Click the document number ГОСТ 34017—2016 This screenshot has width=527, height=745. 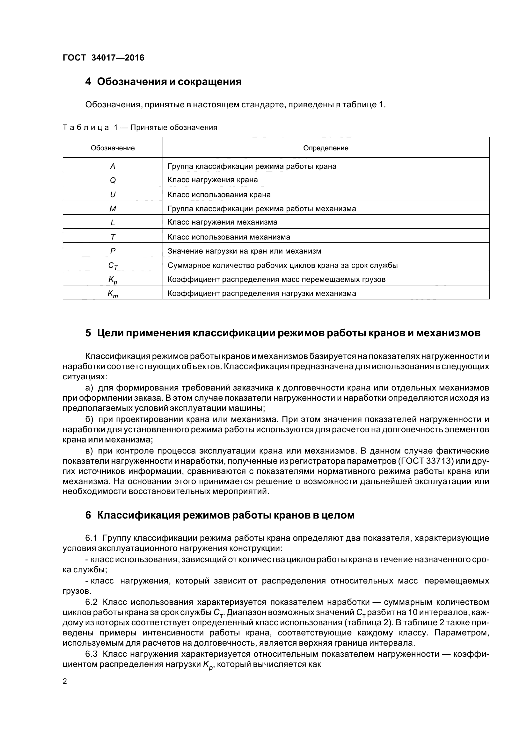click(x=103, y=58)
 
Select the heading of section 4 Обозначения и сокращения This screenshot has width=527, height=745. click(x=163, y=82)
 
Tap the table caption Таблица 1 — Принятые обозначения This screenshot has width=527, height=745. click(x=140, y=127)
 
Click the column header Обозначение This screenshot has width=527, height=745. click(x=113, y=148)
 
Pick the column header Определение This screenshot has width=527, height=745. click(x=326, y=148)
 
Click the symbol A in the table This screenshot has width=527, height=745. click(x=113, y=167)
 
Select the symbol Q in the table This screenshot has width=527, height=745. click(x=113, y=180)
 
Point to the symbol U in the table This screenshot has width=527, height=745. click(x=113, y=195)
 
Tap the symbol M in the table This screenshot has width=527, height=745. click(x=113, y=209)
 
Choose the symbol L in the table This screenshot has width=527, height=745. click(x=113, y=223)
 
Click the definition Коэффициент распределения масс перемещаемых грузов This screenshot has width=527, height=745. click(x=276, y=279)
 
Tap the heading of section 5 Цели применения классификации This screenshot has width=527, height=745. click(x=282, y=333)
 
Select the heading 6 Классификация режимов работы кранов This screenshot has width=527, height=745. click(x=220, y=515)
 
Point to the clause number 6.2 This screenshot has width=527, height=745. click(x=91, y=602)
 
